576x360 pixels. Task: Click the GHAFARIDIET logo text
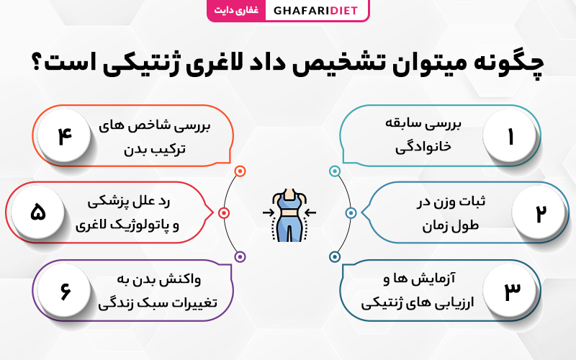click(315, 10)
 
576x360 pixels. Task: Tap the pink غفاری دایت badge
click(236, 10)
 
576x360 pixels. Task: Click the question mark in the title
click(38, 63)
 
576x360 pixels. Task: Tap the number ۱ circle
click(510, 135)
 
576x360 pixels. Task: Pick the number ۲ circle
click(539, 212)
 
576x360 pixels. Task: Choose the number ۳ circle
click(510, 290)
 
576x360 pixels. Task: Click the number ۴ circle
click(64, 135)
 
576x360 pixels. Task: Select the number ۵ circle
click(37, 212)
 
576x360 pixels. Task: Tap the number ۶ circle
click(64, 290)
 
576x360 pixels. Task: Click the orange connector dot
click(240, 171)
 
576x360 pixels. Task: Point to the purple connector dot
click(240, 256)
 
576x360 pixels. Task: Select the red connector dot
click(224, 212)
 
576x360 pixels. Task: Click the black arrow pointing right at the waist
click(269, 212)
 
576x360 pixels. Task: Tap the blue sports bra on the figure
click(289, 201)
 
